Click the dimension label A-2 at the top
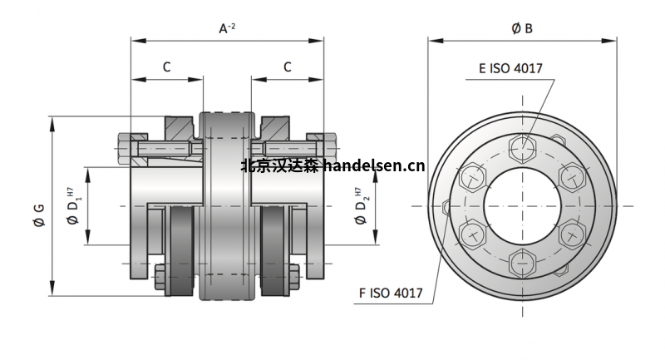(226, 28)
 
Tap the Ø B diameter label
(522, 28)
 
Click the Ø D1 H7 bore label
(73, 205)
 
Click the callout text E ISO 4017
(510, 68)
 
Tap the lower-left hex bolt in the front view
(473, 234)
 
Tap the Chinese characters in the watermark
(279, 166)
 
